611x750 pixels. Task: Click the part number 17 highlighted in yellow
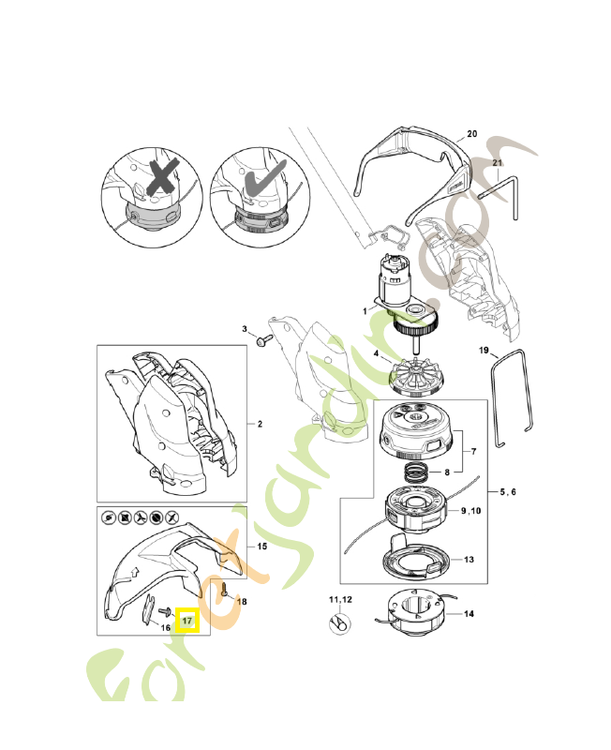[187, 621]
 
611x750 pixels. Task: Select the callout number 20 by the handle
[471, 135]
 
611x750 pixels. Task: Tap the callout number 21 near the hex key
[498, 164]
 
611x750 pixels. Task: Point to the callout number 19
[484, 351]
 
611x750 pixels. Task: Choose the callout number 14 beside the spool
[469, 615]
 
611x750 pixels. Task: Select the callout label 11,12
[340, 599]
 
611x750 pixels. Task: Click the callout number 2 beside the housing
[260, 424]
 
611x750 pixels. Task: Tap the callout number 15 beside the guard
[261, 546]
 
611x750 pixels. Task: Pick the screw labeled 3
[264, 340]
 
